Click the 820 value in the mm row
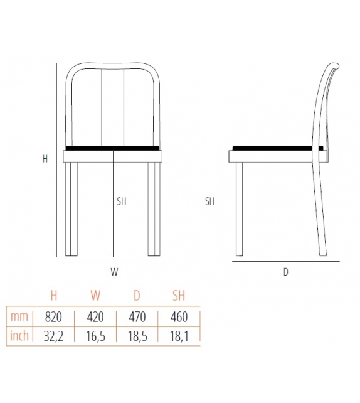click(x=53, y=317)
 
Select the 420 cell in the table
click(x=95, y=317)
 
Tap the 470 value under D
click(x=137, y=317)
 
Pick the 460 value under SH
click(x=179, y=317)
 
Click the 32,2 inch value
click(x=53, y=336)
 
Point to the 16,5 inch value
click(x=95, y=336)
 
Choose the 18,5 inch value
click(x=137, y=336)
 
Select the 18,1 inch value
click(x=179, y=336)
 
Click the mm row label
click(x=19, y=317)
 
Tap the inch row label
click(x=19, y=336)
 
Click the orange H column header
click(x=53, y=296)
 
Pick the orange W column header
click(x=95, y=296)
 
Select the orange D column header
click(x=137, y=296)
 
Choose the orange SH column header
click(x=179, y=296)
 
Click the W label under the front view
click(x=114, y=272)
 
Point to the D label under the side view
click(x=285, y=272)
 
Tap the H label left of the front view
click(x=45, y=159)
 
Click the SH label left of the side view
click(x=209, y=201)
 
